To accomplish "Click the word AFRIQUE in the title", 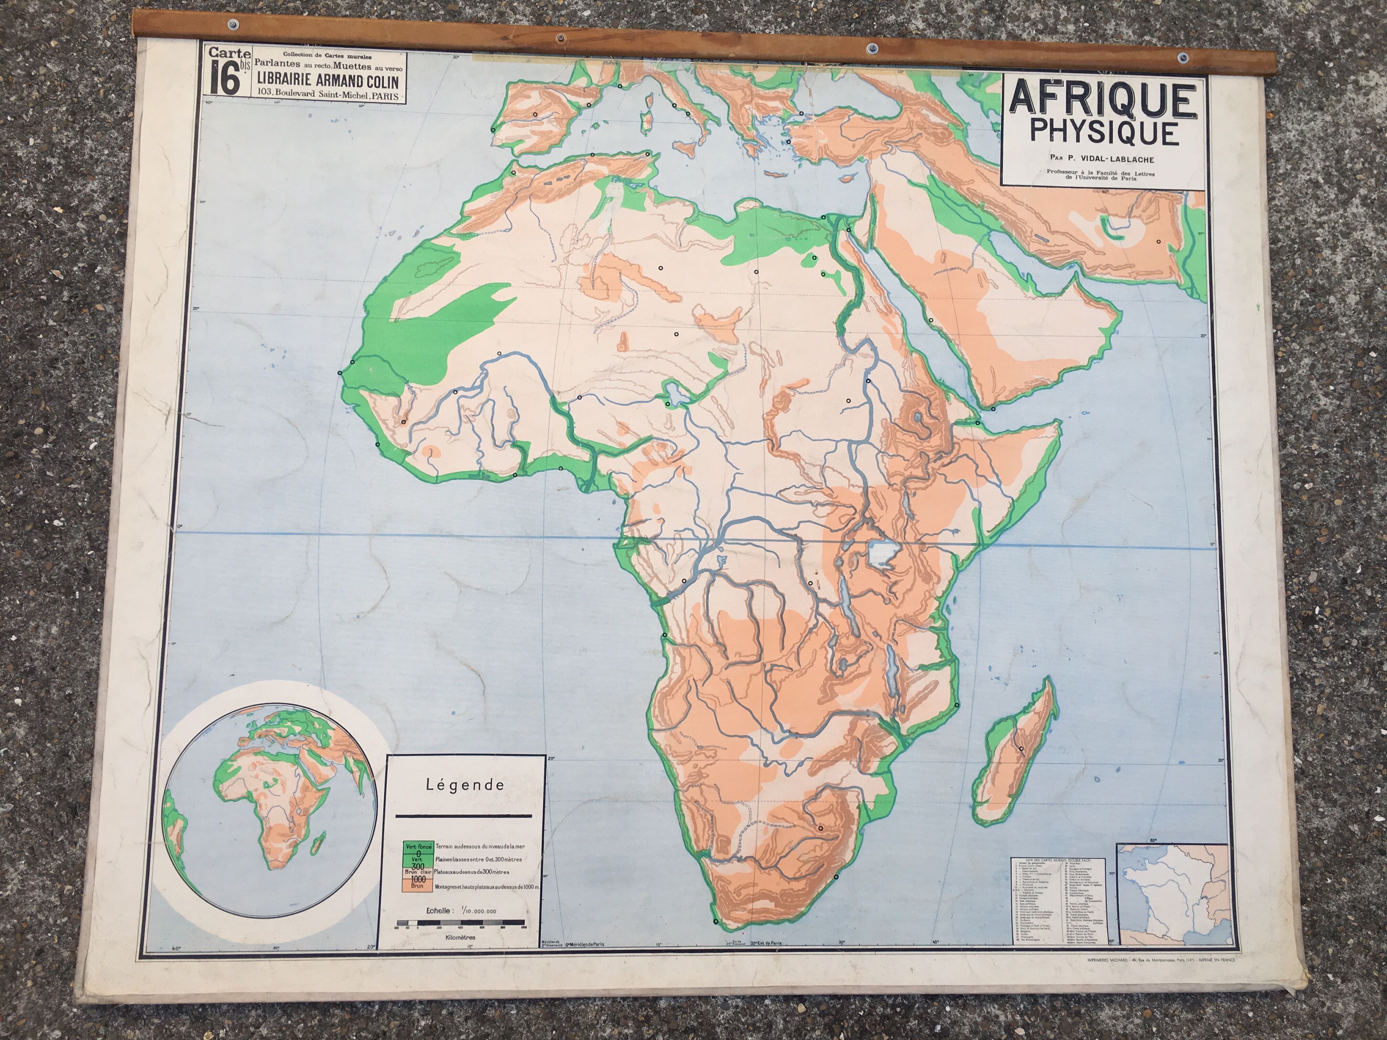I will coord(1102,100).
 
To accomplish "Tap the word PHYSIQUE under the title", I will coord(1104,133).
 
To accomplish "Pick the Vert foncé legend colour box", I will coord(418,847).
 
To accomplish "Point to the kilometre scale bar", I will coord(460,923).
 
